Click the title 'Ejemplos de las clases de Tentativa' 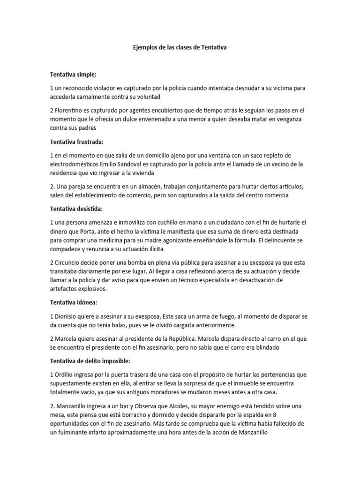[180, 47]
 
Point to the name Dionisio [68, 316]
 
